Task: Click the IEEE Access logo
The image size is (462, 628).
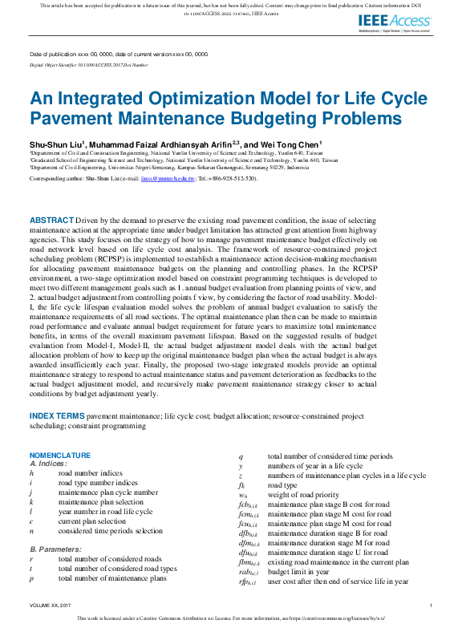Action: pyautogui.click(x=394, y=22)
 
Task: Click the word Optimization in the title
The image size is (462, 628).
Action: pyautogui.click(x=152, y=101)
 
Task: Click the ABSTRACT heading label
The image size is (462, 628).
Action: pyautogui.click(x=52, y=219)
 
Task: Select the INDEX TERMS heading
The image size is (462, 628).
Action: pyautogui.click(x=57, y=415)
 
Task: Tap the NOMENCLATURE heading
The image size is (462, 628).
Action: pyautogui.click(x=59, y=456)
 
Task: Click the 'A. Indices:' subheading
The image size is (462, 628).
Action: pyautogui.click(x=48, y=464)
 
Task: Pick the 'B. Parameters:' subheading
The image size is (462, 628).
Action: pyautogui.click(x=54, y=549)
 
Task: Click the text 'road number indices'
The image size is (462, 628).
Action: pyautogui.click(x=92, y=474)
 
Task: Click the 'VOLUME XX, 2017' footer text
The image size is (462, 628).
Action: pyautogui.click(x=51, y=606)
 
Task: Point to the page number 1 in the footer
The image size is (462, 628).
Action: pyautogui.click(x=432, y=606)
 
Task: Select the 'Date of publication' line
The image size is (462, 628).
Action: pyautogui.click(x=119, y=54)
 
